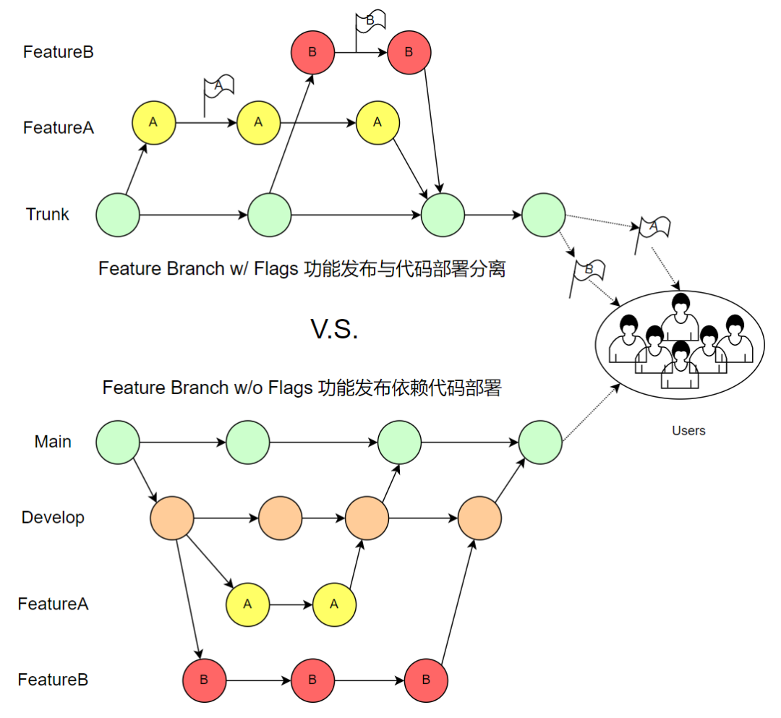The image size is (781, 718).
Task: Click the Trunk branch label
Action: pyautogui.click(x=48, y=214)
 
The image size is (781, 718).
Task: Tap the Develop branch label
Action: pyautogui.click(x=53, y=518)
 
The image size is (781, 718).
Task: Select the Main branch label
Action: pyautogui.click(x=53, y=441)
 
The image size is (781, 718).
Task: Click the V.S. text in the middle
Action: pyautogui.click(x=335, y=330)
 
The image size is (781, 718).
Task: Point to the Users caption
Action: pyautogui.click(x=688, y=431)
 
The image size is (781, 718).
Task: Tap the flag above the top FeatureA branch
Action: pyautogui.click(x=218, y=88)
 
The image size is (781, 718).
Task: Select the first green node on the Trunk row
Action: pyautogui.click(x=118, y=215)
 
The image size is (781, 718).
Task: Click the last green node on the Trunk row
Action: pyautogui.click(x=543, y=215)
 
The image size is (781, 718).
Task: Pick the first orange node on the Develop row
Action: pyautogui.click(x=172, y=518)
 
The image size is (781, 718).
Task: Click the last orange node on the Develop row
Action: pyautogui.click(x=480, y=518)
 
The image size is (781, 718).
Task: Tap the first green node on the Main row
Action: pyautogui.click(x=118, y=441)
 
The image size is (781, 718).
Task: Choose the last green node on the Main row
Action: pyautogui.click(x=540, y=441)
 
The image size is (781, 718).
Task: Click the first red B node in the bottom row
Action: pyautogui.click(x=204, y=680)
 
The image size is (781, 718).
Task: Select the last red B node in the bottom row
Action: pyautogui.click(x=426, y=680)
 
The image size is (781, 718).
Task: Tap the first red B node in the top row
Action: pyautogui.click(x=312, y=52)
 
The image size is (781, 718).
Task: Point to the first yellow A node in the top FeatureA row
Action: pyautogui.click(x=153, y=122)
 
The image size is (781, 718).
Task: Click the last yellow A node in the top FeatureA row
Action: pyautogui.click(x=377, y=122)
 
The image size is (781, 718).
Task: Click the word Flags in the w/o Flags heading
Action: pyautogui.click(x=291, y=388)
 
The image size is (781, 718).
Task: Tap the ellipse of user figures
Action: pyautogui.click(x=679, y=339)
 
